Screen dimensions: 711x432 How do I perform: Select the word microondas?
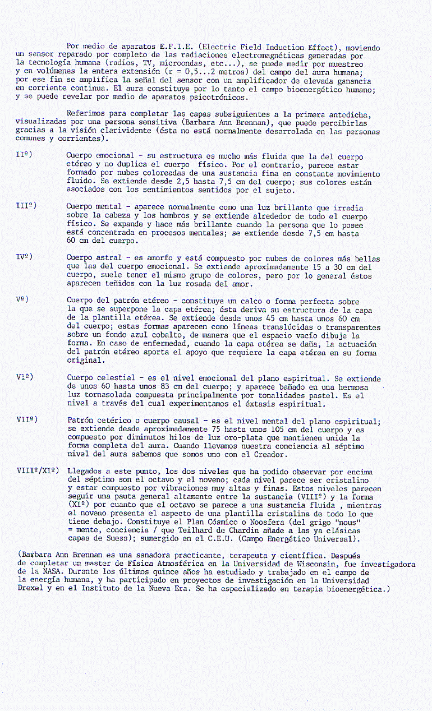[x=180, y=64]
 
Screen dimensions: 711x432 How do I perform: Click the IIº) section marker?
[x=24, y=154]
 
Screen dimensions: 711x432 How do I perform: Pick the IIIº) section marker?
[x=26, y=206]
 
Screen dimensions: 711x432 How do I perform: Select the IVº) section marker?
[x=24, y=257]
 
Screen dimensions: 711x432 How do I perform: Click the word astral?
[x=110, y=258]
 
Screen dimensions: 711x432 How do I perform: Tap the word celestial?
[x=117, y=378]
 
